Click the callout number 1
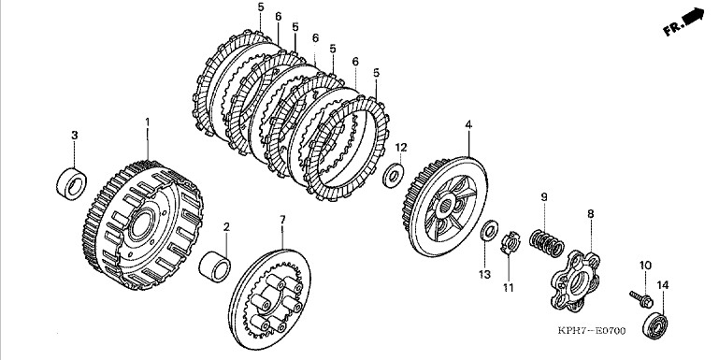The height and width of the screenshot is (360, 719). (147, 122)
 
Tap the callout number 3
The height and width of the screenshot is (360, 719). (74, 136)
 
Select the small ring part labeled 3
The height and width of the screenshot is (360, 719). (72, 184)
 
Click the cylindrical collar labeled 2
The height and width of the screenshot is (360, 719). (215, 266)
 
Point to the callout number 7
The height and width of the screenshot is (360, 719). (282, 220)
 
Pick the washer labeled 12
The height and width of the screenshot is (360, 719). (393, 175)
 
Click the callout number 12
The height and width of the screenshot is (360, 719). (401, 148)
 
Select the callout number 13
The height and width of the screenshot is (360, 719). (484, 275)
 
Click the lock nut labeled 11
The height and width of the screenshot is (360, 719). (509, 244)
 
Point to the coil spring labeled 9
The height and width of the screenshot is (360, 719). (546, 242)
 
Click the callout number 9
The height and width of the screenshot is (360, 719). (544, 197)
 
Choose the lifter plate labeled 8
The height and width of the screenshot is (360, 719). (575, 280)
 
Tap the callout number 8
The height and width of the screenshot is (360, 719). (591, 214)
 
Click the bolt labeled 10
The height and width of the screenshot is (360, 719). (641, 299)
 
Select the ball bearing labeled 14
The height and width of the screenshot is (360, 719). (655, 324)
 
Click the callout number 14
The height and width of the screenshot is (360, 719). (663, 285)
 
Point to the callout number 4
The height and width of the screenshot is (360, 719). (468, 124)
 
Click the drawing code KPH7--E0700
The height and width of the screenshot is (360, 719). (592, 331)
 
